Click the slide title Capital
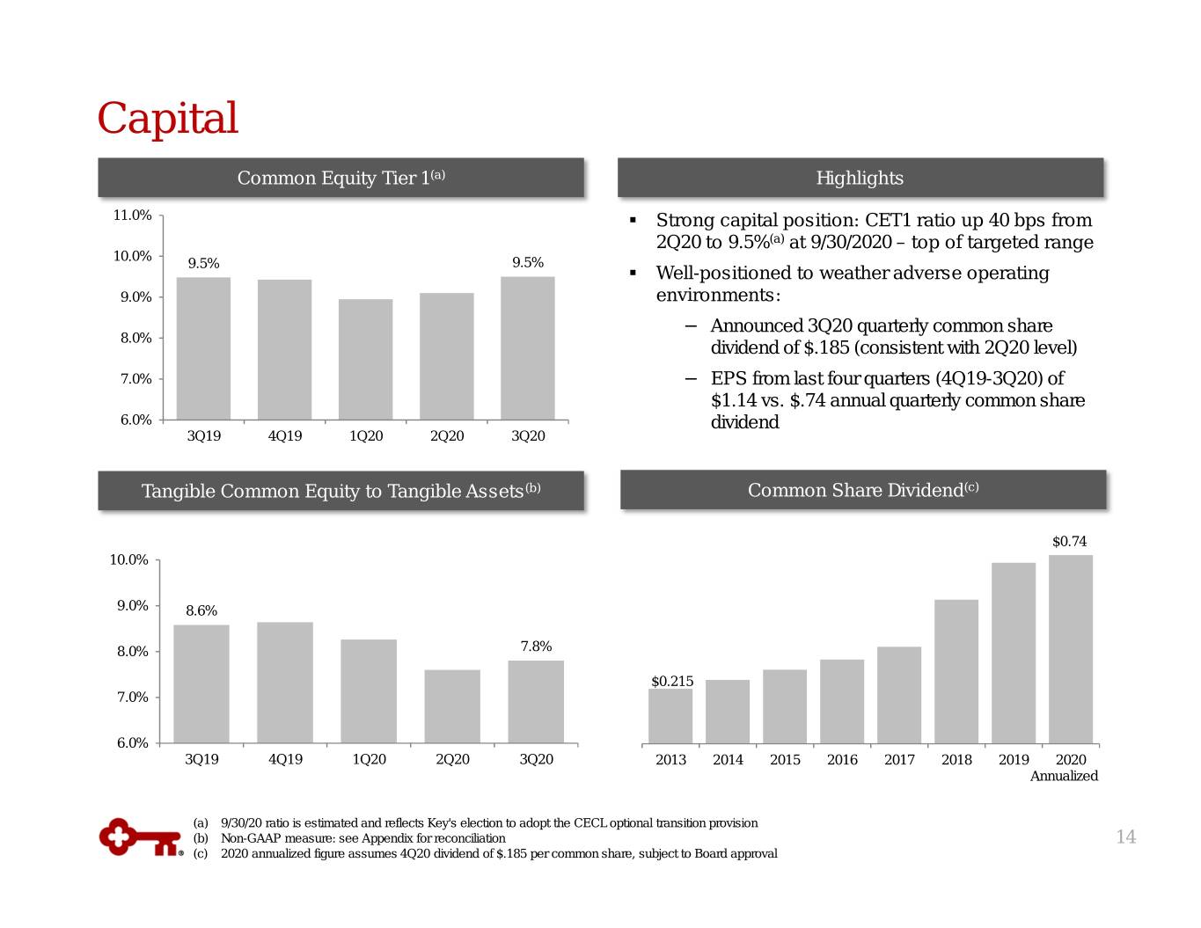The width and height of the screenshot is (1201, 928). [167, 118]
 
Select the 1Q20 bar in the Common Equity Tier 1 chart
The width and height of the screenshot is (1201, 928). [365, 359]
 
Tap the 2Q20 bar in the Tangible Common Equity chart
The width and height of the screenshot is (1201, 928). [452, 706]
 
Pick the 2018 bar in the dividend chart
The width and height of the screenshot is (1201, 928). [956, 671]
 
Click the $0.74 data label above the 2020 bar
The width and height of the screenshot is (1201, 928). [1069, 541]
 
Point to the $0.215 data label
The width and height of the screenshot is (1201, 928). [672, 681]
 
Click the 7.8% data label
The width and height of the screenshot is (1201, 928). [536, 646]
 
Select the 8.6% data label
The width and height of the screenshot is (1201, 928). [201, 610]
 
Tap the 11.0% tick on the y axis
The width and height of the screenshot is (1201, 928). [132, 215]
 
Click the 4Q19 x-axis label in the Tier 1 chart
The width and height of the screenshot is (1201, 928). [285, 435]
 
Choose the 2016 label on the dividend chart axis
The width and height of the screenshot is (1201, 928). [842, 759]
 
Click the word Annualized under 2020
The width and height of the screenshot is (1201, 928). [1064, 776]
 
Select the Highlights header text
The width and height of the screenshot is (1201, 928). [860, 178]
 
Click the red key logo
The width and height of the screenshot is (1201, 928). [141, 837]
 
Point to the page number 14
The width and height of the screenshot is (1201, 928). [1126, 837]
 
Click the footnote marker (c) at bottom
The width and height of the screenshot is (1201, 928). [201, 853]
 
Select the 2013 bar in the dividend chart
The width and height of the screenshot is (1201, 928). [670, 716]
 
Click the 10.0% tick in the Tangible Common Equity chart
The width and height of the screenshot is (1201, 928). [128, 560]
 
